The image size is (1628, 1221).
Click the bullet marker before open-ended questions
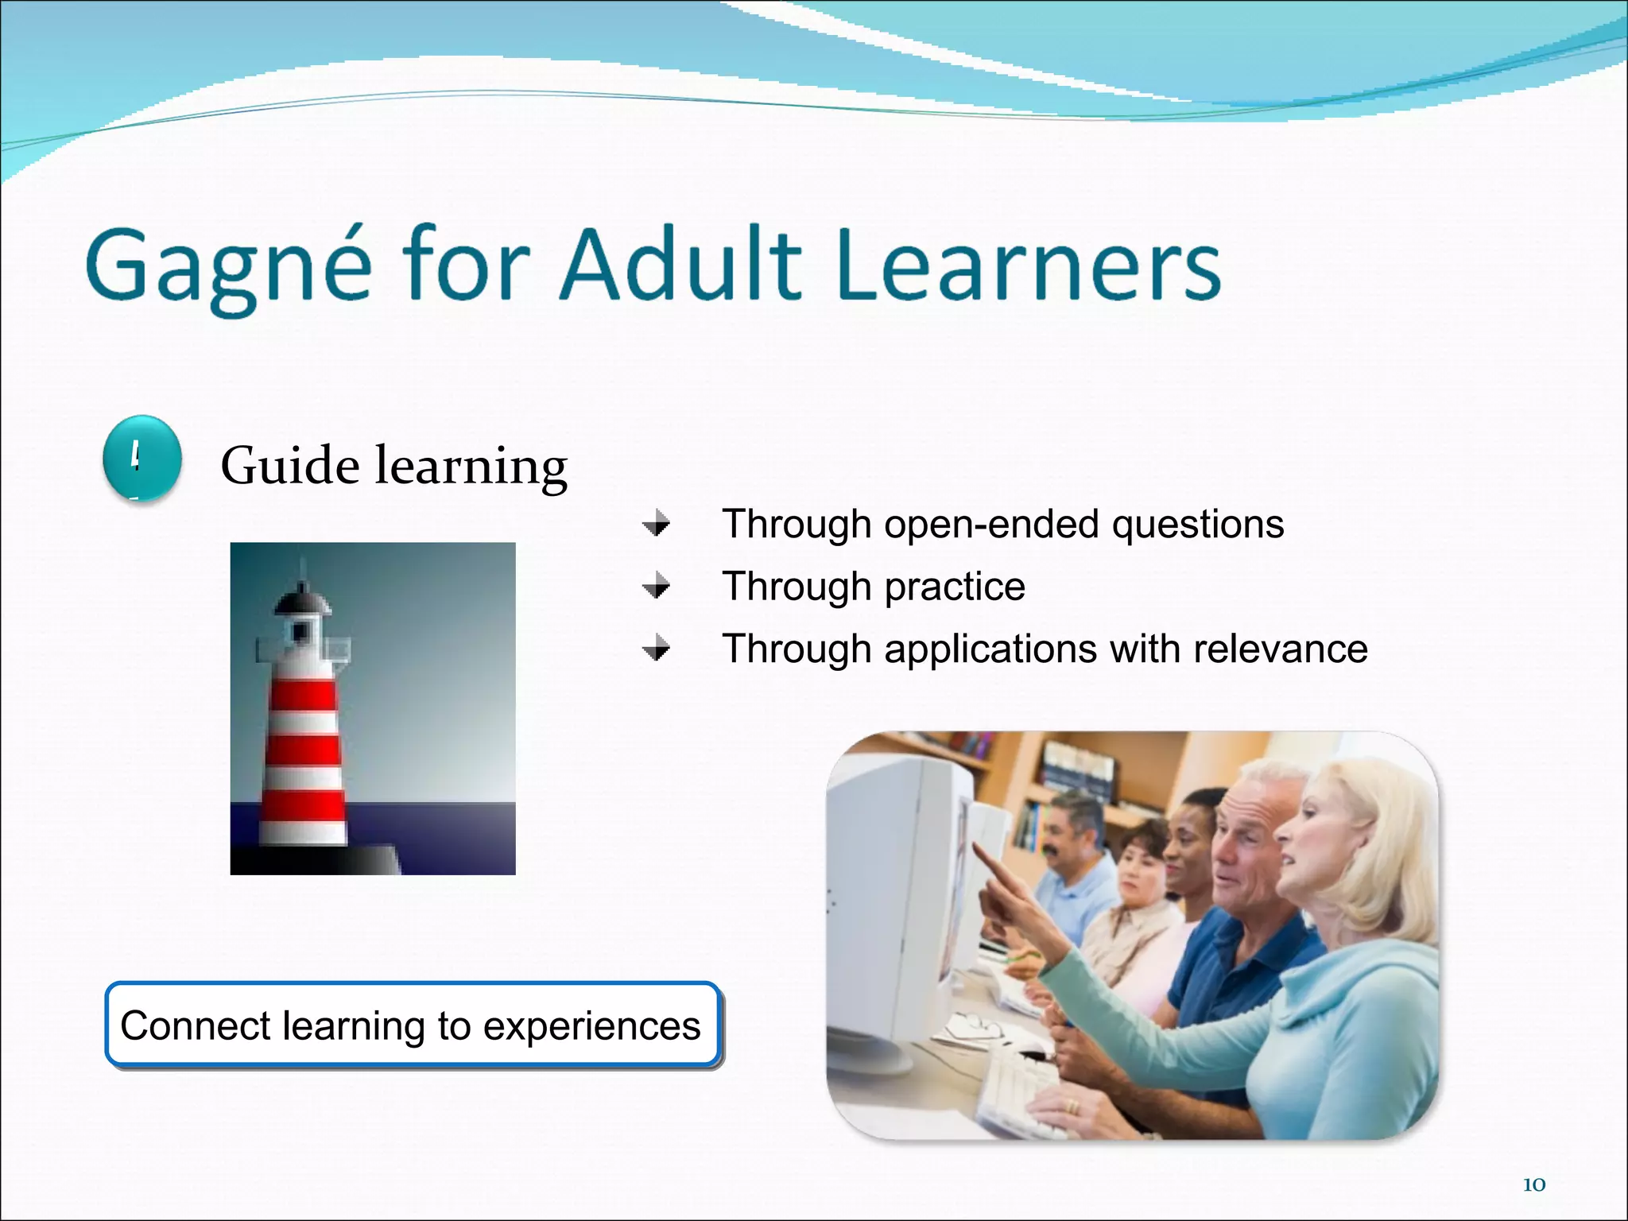point(657,525)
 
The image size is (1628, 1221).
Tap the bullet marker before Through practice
point(657,587)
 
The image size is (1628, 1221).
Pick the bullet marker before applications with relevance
point(657,649)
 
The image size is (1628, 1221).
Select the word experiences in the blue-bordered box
point(591,1026)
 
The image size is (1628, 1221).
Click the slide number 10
point(1533,1184)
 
